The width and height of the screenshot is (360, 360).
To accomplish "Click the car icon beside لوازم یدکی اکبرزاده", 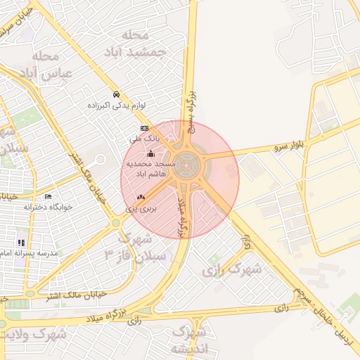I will coord(117,94).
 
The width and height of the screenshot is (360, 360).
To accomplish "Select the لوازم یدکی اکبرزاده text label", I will coord(116,105).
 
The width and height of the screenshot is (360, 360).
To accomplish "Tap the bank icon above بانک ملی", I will coord(144,128).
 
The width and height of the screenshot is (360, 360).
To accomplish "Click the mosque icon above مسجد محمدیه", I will coord(150,153).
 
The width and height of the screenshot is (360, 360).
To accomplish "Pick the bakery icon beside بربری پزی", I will coord(141,198).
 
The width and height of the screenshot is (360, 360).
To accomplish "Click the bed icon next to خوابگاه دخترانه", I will coord(48,196).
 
